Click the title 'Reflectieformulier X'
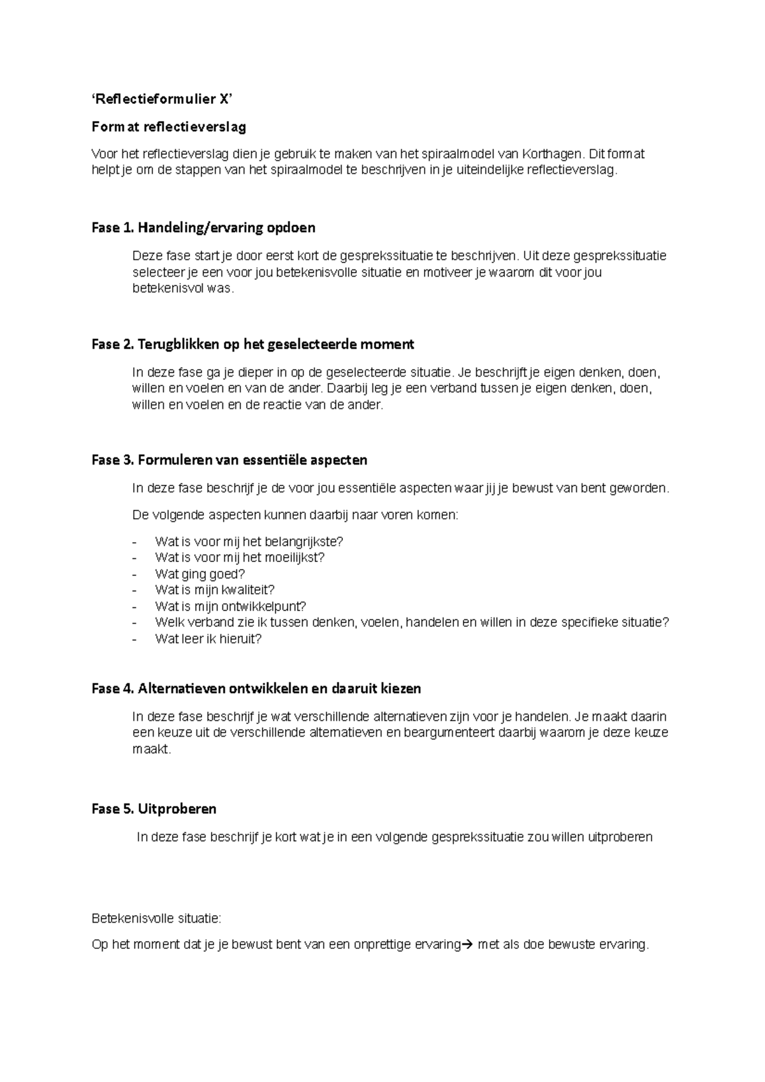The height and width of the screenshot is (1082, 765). pyautogui.click(x=162, y=99)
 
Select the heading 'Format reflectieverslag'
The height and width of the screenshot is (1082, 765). pyautogui.click(x=168, y=127)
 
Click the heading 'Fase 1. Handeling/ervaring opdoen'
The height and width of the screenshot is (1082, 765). pyautogui.click(x=203, y=227)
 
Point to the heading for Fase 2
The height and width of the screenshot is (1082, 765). pyautogui.click(x=252, y=344)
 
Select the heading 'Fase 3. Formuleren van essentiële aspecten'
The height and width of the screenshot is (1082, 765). pyautogui.click(x=229, y=459)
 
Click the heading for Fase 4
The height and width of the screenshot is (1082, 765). pyautogui.click(x=256, y=688)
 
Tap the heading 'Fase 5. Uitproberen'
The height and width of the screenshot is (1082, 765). pyautogui.click(x=154, y=809)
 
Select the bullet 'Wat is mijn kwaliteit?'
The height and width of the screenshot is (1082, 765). pyautogui.click(x=214, y=590)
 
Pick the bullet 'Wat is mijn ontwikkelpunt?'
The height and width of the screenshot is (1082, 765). pyautogui.click(x=230, y=607)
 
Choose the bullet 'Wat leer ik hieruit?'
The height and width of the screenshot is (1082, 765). pyautogui.click(x=208, y=639)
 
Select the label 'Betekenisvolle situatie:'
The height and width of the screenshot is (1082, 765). pyautogui.click(x=156, y=918)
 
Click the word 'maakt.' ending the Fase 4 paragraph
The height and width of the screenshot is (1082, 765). pyautogui.click(x=152, y=749)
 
